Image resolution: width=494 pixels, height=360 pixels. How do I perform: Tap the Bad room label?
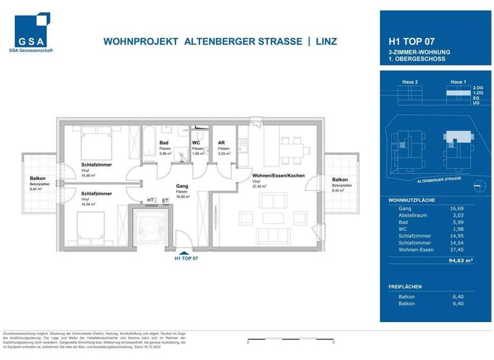click(164, 143)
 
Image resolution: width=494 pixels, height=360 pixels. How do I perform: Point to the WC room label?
click(196, 143)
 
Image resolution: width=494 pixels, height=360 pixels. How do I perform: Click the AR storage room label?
click(221, 143)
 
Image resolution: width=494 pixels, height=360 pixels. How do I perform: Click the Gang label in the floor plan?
click(181, 186)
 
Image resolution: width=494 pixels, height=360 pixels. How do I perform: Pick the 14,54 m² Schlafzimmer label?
click(96, 194)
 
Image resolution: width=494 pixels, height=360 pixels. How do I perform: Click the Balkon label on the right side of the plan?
click(340, 180)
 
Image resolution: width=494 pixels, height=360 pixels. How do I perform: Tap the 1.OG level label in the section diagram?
click(477, 93)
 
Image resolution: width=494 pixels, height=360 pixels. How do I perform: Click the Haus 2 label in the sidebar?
click(410, 82)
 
